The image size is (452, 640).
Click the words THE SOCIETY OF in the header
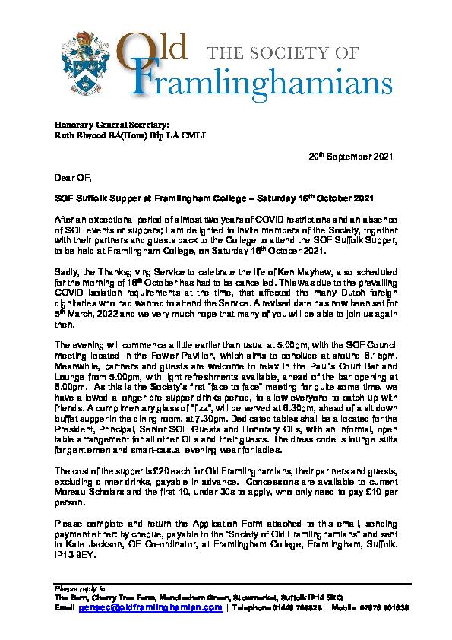[292, 51]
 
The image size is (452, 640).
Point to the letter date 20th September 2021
[352, 156]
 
